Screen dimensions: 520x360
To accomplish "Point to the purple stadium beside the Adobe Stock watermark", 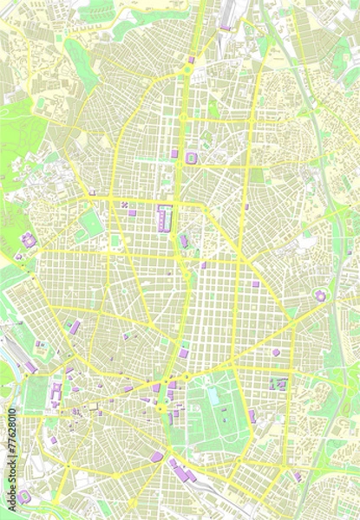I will (x=25, y=497).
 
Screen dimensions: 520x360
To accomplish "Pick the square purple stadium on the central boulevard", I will (x=191, y=157).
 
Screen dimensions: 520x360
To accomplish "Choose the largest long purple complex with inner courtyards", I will (x=163, y=218).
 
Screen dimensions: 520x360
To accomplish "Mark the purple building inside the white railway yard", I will (x=225, y=27).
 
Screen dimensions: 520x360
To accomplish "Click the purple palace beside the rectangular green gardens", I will (x=56, y=394).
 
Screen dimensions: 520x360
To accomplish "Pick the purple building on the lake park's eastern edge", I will (x=252, y=416).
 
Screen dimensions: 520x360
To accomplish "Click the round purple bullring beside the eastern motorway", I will (x=320, y=296).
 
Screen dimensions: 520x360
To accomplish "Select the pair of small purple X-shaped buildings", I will (x=125, y=205).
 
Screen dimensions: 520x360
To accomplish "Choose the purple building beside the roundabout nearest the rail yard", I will (x=191, y=60).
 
